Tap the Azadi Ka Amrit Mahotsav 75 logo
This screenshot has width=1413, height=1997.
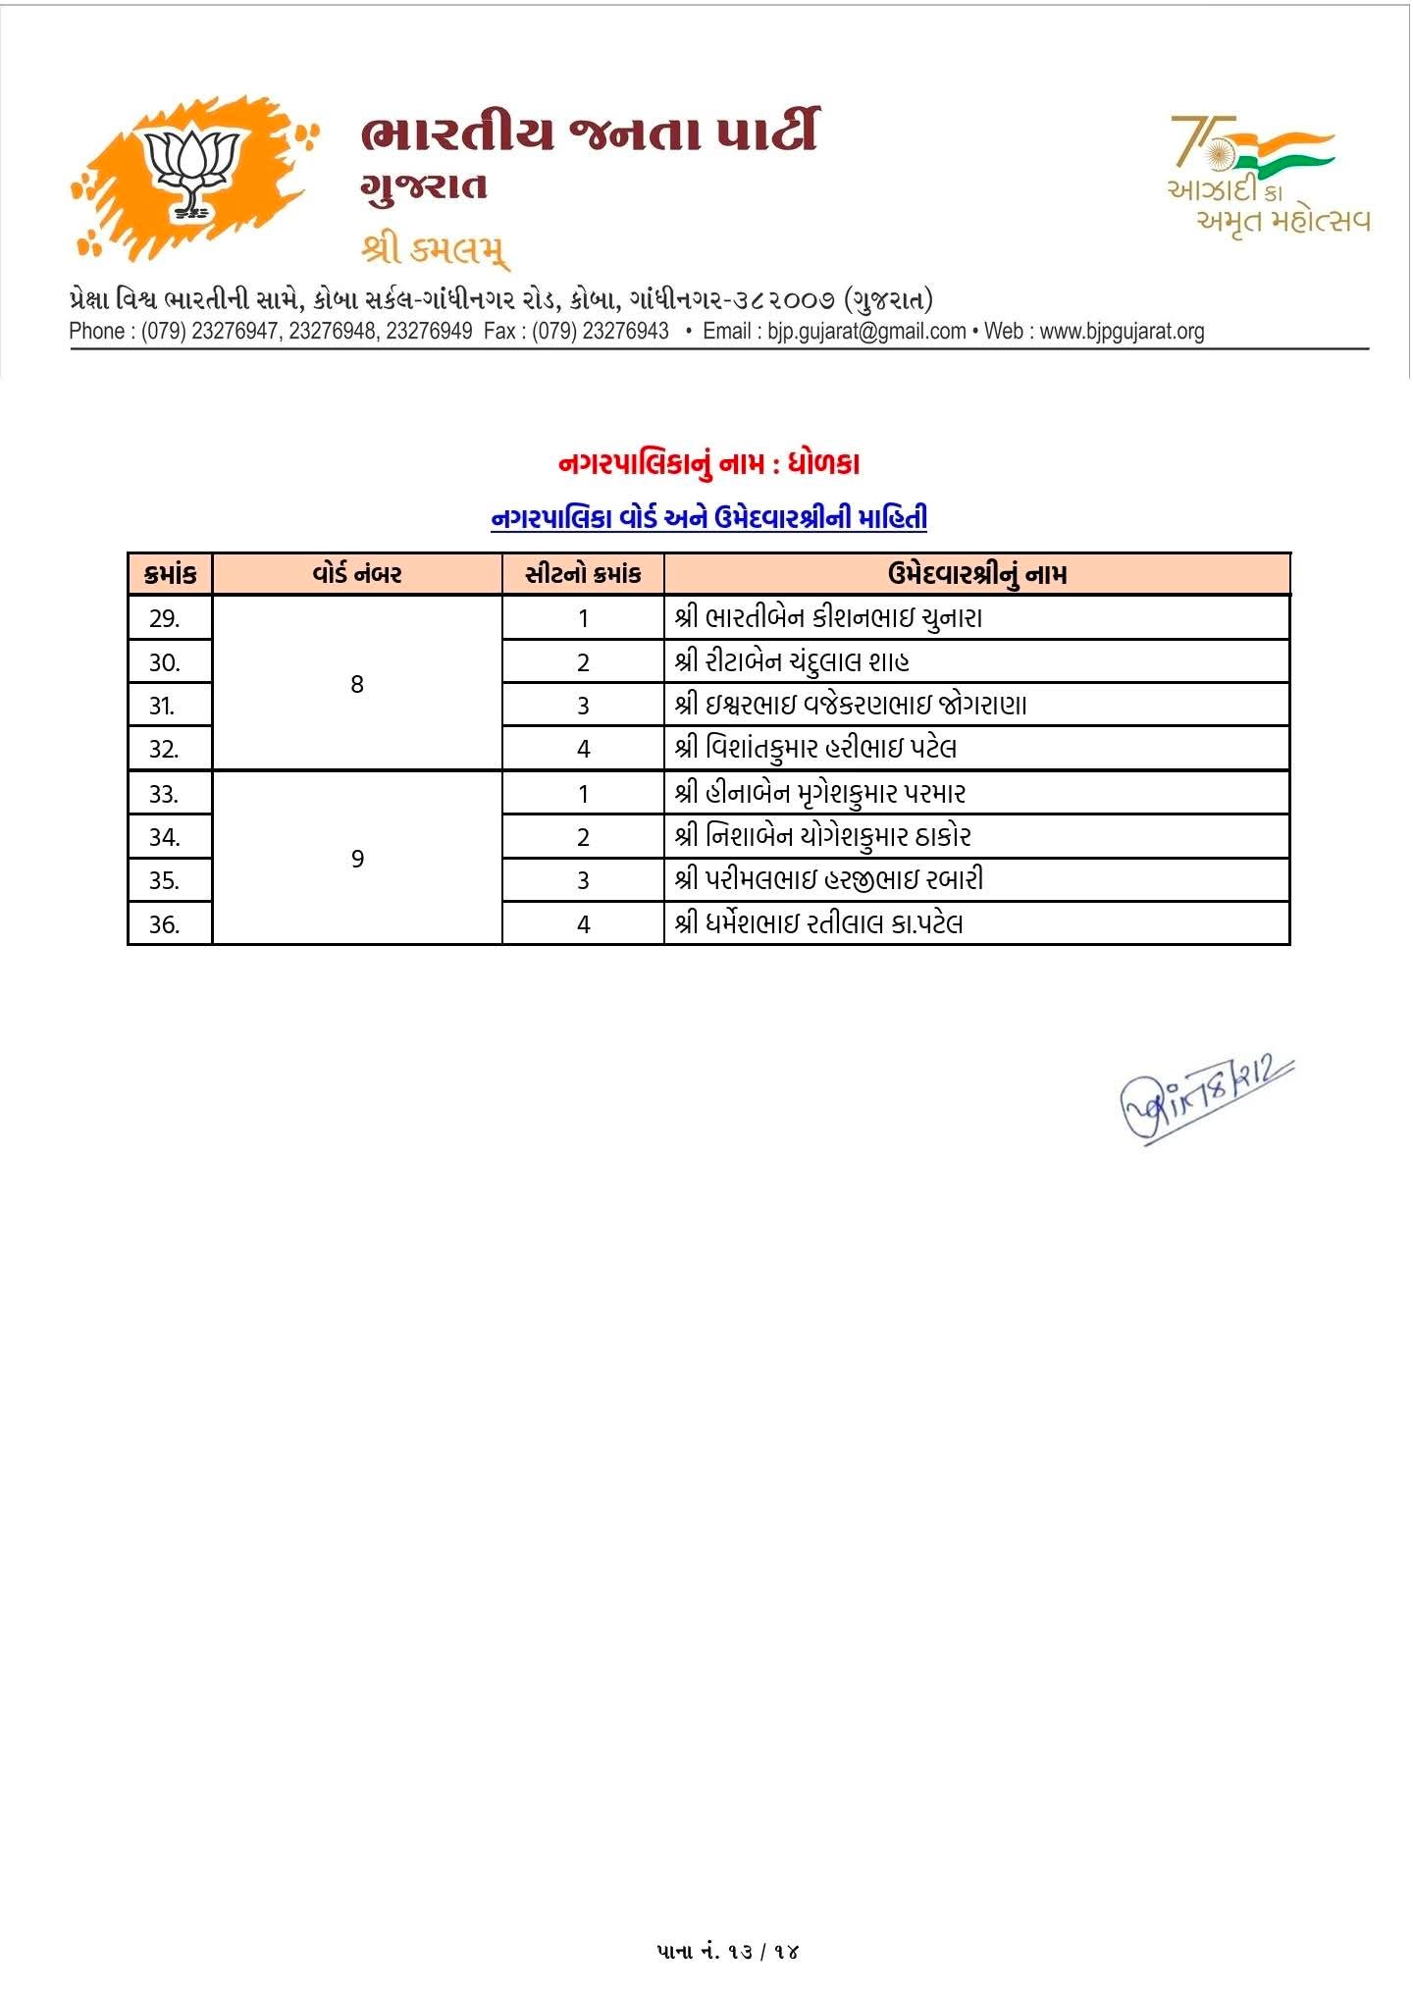[1267, 174]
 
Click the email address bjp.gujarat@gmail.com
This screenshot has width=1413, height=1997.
[866, 332]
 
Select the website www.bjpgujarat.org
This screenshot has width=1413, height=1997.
[1122, 332]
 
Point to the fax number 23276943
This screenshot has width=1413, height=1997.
[625, 332]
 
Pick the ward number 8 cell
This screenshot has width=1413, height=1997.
[357, 684]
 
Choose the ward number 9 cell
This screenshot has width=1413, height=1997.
[357, 859]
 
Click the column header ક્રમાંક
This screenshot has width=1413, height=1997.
[170, 574]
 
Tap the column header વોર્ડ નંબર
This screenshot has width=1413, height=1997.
[357, 574]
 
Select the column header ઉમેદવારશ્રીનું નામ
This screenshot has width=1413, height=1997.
[976, 574]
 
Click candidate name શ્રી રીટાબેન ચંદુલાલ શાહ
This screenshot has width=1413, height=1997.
[792, 662]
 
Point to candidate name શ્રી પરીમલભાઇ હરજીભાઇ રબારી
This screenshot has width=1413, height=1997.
[829, 880]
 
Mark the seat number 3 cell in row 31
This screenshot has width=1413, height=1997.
[583, 706]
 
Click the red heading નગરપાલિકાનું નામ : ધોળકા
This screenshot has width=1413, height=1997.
[708, 464]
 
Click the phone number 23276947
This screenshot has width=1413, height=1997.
[235, 332]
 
